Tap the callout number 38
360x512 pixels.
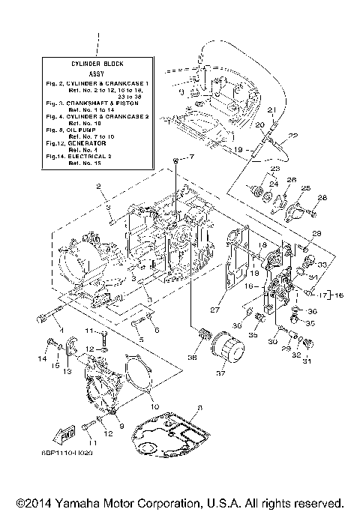coord(192,358)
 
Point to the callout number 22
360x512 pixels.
coord(271,136)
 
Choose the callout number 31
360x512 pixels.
coord(306,363)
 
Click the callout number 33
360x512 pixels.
coord(322,265)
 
